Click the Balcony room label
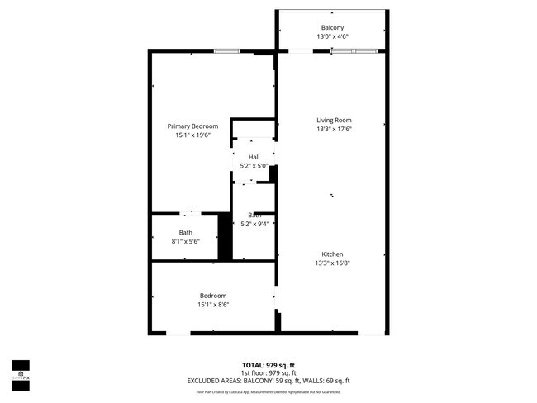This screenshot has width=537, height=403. click(x=333, y=27)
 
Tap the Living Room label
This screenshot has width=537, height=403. click(x=333, y=121)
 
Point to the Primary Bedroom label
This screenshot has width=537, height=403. click(x=192, y=126)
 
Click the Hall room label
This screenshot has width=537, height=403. click(x=254, y=157)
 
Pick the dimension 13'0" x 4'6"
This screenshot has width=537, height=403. click(x=333, y=37)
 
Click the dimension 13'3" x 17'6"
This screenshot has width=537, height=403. click(x=333, y=130)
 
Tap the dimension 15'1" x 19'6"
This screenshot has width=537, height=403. click(x=192, y=135)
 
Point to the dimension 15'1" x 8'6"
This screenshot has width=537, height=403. click(x=212, y=305)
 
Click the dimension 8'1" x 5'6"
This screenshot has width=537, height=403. click(x=186, y=242)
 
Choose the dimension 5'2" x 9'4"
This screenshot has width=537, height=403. click(x=254, y=224)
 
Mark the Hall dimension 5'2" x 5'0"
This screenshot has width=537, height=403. click(x=254, y=166)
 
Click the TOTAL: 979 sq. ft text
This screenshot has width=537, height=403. click(x=268, y=364)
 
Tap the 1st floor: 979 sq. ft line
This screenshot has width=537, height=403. click(x=268, y=372)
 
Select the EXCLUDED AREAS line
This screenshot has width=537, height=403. click(x=268, y=381)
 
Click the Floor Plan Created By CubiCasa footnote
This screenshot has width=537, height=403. click(x=268, y=391)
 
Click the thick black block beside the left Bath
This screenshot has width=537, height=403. click(x=224, y=238)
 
